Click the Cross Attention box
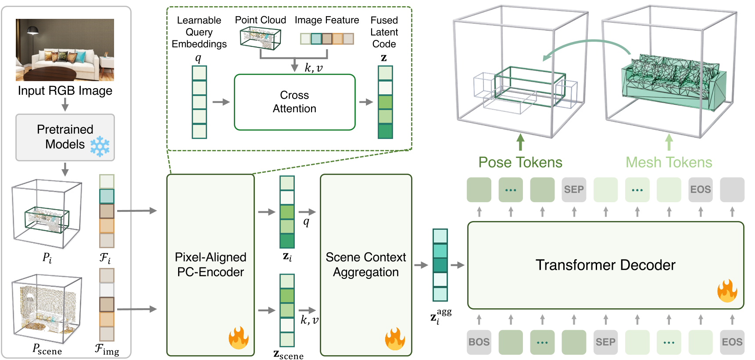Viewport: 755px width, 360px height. point(294,102)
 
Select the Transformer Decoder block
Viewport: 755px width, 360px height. point(605,265)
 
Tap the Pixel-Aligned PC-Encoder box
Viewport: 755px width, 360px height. point(210,264)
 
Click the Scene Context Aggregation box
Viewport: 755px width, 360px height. point(365,264)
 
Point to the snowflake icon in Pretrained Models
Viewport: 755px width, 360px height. point(100,146)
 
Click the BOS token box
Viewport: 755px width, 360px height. point(479,342)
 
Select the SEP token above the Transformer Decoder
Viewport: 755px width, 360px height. point(574,189)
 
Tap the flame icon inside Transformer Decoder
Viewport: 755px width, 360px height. point(727,291)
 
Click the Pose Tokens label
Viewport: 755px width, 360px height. point(520,163)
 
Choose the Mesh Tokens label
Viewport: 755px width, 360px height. point(669,163)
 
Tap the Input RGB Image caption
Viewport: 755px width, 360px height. point(65,91)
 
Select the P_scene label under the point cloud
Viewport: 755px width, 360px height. point(47,349)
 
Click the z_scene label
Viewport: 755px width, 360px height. point(288,354)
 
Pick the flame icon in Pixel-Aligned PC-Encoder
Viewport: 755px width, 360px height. point(238,338)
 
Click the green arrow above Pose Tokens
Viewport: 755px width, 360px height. point(520,142)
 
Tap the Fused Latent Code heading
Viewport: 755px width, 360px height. point(384,32)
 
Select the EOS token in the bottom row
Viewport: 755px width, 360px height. point(732,342)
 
